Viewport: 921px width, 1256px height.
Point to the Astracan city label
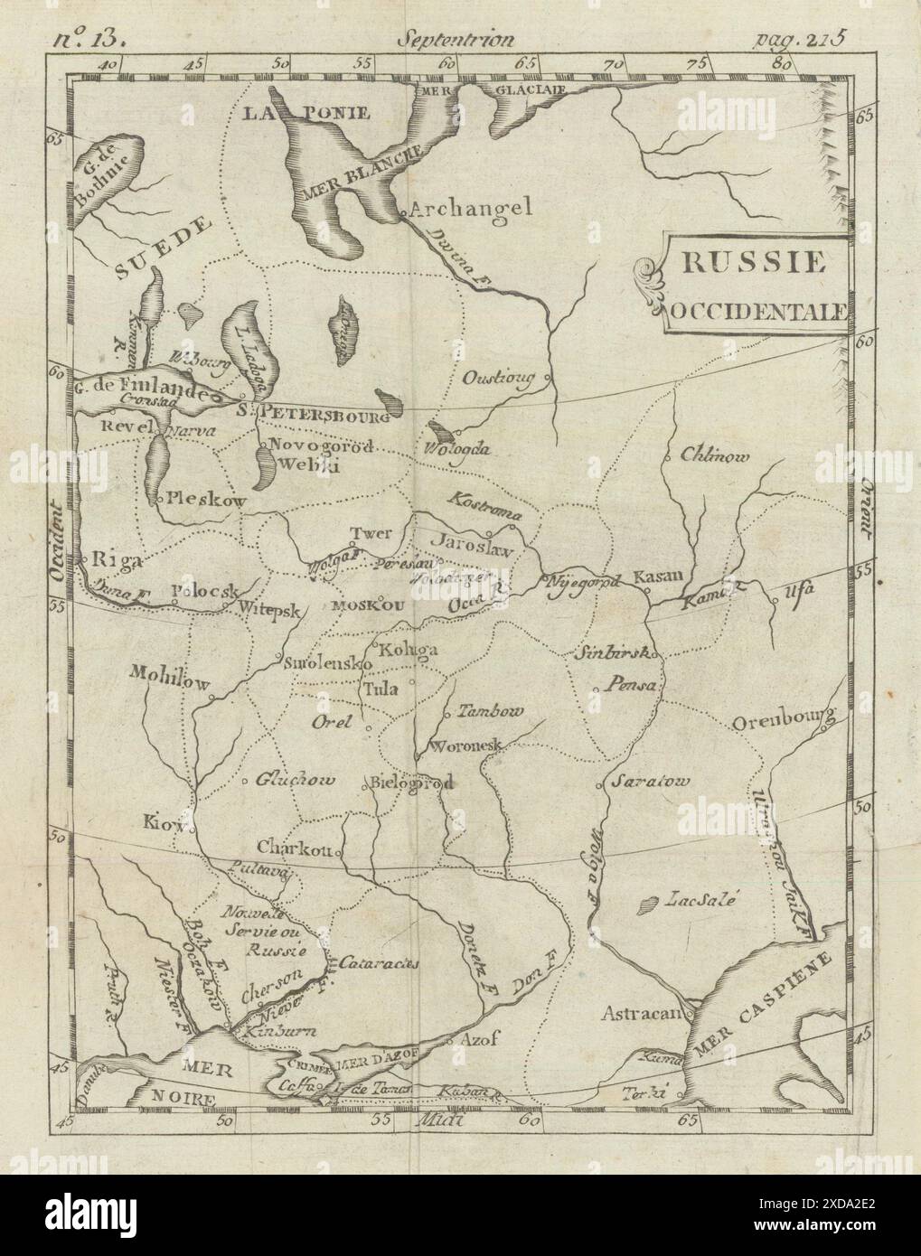(x=642, y=1013)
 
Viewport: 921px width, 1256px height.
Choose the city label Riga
(x=117, y=561)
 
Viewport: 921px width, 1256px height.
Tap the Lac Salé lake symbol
(x=648, y=903)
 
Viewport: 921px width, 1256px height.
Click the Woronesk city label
(x=465, y=746)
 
